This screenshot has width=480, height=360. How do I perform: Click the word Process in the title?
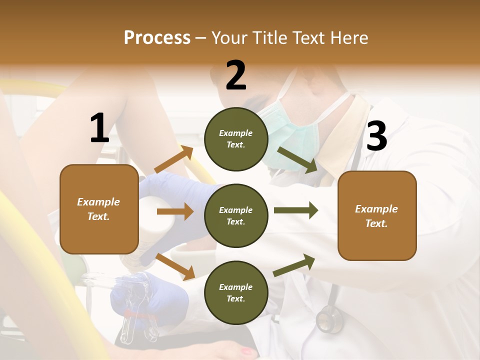coord(157,38)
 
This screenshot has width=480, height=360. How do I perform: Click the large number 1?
coord(99,128)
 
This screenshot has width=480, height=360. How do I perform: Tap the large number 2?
coord(236,75)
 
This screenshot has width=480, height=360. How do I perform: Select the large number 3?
coord(376,136)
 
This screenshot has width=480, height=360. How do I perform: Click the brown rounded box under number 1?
coord(99,209)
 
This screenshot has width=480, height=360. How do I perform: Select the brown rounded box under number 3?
coord(377,216)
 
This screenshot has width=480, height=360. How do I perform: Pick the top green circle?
coord(236,139)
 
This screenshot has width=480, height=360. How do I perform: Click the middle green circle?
coord(236,216)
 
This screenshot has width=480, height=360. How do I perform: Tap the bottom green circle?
coord(236,293)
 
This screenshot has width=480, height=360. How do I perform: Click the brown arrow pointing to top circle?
coord(174,160)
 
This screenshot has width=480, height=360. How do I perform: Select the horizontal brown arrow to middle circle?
coord(175,211)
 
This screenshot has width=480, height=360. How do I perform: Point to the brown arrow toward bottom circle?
coord(175,266)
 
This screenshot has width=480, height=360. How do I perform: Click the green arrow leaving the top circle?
coord(298,159)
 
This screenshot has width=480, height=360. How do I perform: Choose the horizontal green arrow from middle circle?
coord(296,210)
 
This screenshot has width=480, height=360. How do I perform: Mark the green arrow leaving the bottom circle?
coord(294,265)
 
